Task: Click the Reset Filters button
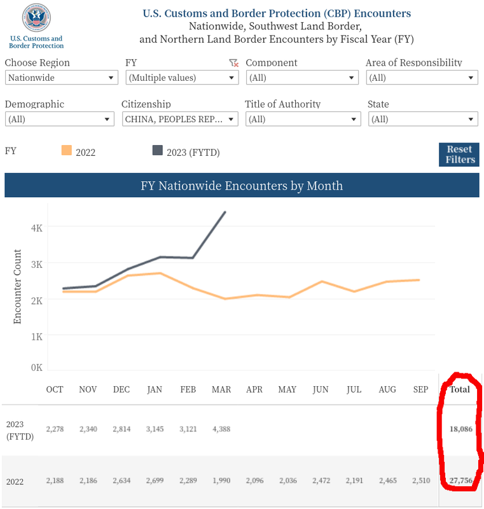[458, 155]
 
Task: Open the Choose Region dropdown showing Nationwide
[62, 78]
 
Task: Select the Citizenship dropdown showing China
[179, 119]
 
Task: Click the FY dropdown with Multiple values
[182, 78]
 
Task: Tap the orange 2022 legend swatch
[66, 151]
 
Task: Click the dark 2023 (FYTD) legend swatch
[157, 151]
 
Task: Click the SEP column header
[420, 389]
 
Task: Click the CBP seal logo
[36, 18]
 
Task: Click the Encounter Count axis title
[18, 286]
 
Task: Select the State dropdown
[422, 119]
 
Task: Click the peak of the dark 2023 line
[225, 213]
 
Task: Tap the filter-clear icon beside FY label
[233, 62]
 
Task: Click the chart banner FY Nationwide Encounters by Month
[242, 186]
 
